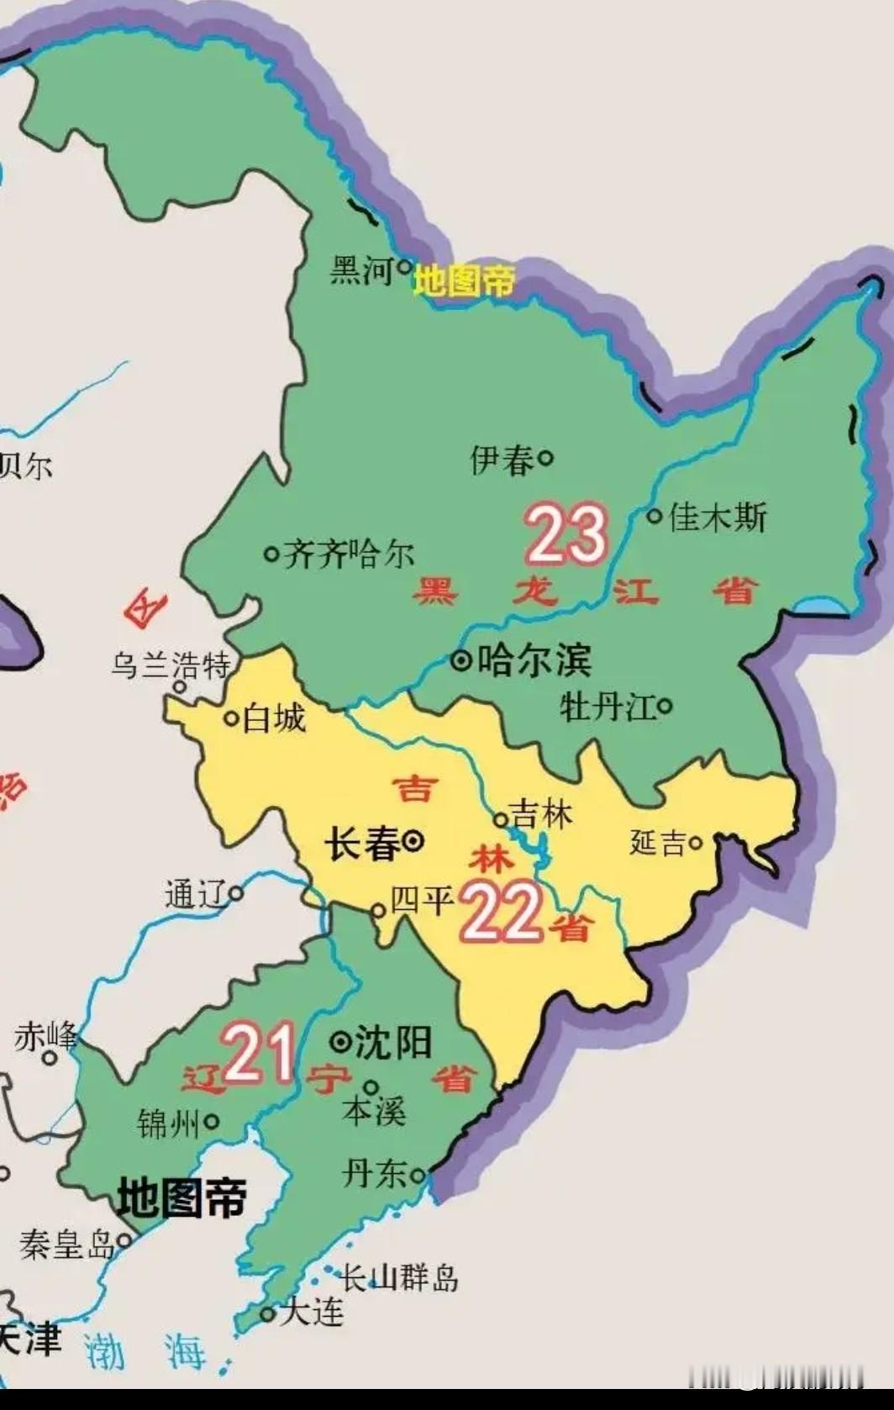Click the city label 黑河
point(362,271)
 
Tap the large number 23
point(567,534)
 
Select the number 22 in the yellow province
point(501,913)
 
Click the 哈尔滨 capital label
point(534,660)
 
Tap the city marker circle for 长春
point(413,840)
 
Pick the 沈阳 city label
point(393,1043)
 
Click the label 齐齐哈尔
point(350,555)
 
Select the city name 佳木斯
point(718,518)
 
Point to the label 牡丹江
point(607,708)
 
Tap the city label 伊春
point(502,460)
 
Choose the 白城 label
point(273,719)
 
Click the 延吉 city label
point(658,842)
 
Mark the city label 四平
point(423,902)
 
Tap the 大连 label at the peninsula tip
point(312,1312)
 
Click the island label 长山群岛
point(400,1278)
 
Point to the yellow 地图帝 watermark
point(464,281)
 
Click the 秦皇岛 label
point(67,1244)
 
